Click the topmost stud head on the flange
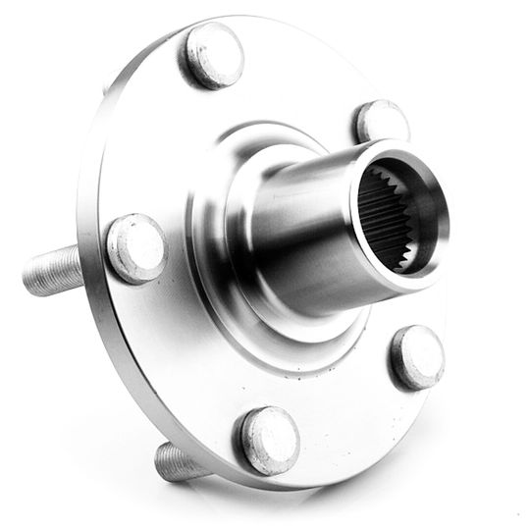click(212, 54)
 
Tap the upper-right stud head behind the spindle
click(381, 122)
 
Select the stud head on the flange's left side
click(136, 246)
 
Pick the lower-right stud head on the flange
click(417, 356)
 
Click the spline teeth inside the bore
click(378, 211)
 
